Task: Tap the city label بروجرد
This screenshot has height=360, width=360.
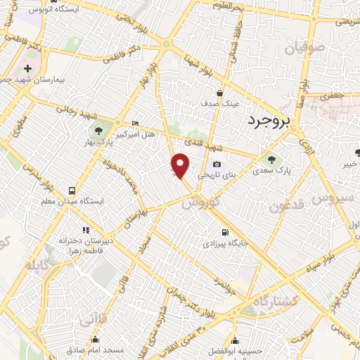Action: coord(269,124)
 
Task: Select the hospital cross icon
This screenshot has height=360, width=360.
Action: coord(27,69)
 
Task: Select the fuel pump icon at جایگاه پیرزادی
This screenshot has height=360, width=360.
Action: coord(224,233)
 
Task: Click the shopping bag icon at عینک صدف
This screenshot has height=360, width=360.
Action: coord(220,92)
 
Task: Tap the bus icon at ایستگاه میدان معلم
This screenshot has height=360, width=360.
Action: coord(72,190)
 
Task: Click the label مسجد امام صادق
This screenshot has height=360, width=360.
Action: coord(96,349)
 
